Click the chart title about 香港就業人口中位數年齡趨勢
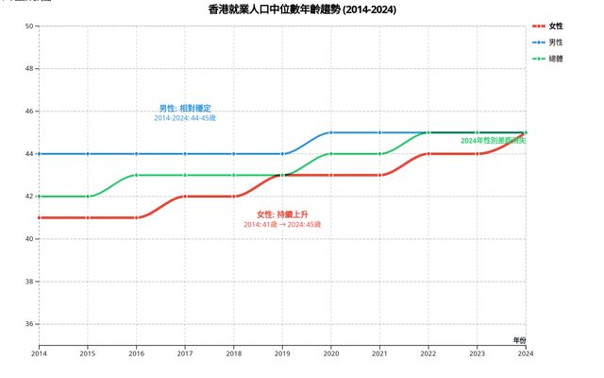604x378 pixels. (302, 9)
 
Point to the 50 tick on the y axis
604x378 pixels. (29, 26)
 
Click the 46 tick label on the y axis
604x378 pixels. (29, 112)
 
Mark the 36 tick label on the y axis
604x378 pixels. (29, 324)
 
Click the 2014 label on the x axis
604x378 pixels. (39, 353)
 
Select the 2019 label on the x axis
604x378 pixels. (282, 353)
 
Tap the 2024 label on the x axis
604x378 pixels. (525, 353)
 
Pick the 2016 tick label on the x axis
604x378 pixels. (136, 353)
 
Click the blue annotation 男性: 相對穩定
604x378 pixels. (185, 109)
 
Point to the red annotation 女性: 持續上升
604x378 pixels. (282, 215)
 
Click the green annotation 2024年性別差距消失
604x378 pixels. (493, 141)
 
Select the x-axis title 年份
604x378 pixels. (520, 338)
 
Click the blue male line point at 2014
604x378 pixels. (39, 154)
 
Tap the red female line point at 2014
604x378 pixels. (39, 217)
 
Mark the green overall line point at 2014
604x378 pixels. (39, 197)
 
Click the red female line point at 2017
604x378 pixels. (185, 197)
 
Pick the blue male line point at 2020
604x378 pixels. (330, 132)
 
